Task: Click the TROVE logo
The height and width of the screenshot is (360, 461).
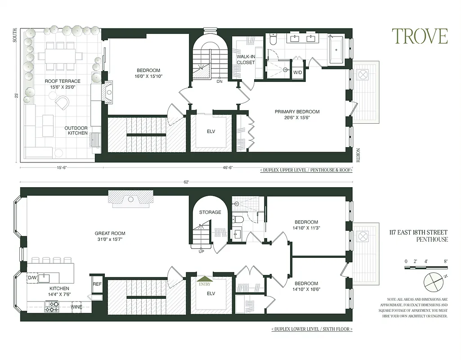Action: click(x=419, y=36)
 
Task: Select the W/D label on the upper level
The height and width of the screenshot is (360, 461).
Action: click(x=297, y=72)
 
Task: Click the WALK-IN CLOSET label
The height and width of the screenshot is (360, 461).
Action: click(x=246, y=59)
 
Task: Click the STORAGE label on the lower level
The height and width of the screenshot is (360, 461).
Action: click(x=210, y=212)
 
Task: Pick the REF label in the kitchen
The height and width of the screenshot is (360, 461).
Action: click(x=97, y=284)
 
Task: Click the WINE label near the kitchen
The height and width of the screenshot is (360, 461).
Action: click(x=76, y=307)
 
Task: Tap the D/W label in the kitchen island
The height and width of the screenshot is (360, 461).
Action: click(x=32, y=278)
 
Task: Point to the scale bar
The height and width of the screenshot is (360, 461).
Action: click(x=426, y=268)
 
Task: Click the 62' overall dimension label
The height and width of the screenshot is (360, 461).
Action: click(x=186, y=182)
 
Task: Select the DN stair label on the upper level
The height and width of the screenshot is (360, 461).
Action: click(x=219, y=82)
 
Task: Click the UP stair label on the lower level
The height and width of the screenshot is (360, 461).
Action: click(x=201, y=251)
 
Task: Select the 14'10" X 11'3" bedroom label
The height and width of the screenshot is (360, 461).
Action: click(x=306, y=225)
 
